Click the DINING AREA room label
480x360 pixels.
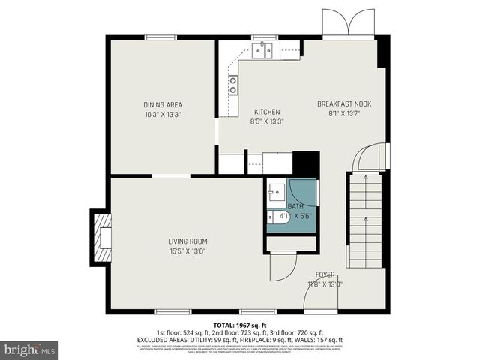pos(163,104)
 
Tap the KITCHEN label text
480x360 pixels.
pos(266,112)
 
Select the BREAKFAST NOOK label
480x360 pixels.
pos(344,104)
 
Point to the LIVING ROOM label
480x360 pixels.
pos(187,241)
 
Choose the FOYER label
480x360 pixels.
pos(325,275)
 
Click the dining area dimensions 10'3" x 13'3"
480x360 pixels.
pos(163,114)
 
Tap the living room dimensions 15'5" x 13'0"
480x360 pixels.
pos(187,250)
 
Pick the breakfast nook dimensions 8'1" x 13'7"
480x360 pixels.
pos(344,114)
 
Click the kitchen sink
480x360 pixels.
pos(262,50)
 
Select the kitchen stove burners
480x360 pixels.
pos(233,85)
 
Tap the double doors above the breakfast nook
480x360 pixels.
pos(347,23)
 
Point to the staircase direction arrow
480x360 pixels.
pos(364,179)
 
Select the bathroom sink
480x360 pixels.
pos(274,192)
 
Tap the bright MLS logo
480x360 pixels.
pos(30,350)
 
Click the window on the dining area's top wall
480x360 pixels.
pos(160,37)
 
